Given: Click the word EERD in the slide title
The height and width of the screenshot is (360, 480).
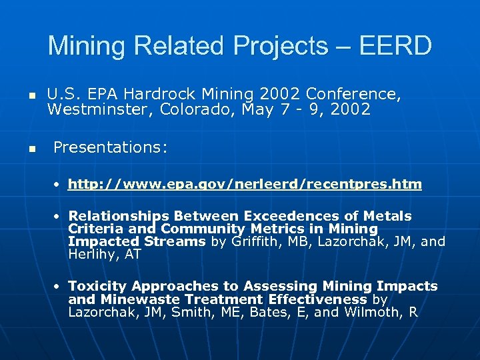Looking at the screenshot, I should click(395, 46).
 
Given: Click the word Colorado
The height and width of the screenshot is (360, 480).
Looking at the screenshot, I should click(194, 109).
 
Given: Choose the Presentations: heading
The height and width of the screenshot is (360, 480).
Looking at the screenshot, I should click(110, 147).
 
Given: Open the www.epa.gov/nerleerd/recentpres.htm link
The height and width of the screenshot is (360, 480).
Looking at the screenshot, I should click(245, 184).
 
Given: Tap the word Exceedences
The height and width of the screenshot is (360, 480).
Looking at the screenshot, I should click(301, 216).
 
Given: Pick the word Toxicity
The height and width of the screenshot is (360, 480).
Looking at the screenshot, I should click(97, 286).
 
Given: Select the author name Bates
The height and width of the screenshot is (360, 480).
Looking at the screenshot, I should click(267, 312).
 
